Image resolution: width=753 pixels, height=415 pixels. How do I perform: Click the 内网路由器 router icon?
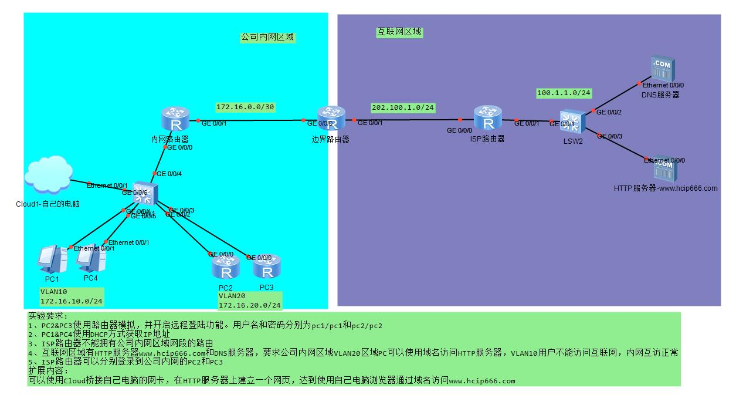tap(175, 120)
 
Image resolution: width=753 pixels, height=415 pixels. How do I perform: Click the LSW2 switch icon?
tap(571, 123)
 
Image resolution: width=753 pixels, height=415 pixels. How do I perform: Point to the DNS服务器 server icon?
tap(663, 68)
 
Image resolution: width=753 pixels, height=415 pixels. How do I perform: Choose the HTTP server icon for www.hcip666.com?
tap(665, 170)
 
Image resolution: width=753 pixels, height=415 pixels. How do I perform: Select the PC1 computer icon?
tap(52, 259)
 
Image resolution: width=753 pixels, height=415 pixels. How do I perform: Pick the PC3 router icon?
tap(267, 268)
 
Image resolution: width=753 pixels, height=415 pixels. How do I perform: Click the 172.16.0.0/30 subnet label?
tap(245, 107)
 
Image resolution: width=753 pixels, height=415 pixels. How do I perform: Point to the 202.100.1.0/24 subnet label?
tap(402, 108)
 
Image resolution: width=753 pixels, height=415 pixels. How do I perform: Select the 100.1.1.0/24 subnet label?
tap(564, 93)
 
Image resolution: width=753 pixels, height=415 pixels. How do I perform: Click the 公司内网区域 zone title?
tap(267, 37)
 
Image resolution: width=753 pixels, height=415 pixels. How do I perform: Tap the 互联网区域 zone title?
tap(399, 32)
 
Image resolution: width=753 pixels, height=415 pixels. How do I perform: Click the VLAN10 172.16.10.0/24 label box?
tap(72, 297)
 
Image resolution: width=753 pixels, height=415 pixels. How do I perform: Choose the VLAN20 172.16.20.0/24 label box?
tap(250, 301)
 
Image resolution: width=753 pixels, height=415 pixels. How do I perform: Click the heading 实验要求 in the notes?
tap(48, 316)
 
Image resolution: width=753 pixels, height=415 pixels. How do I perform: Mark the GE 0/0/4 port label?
tap(169, 174)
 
